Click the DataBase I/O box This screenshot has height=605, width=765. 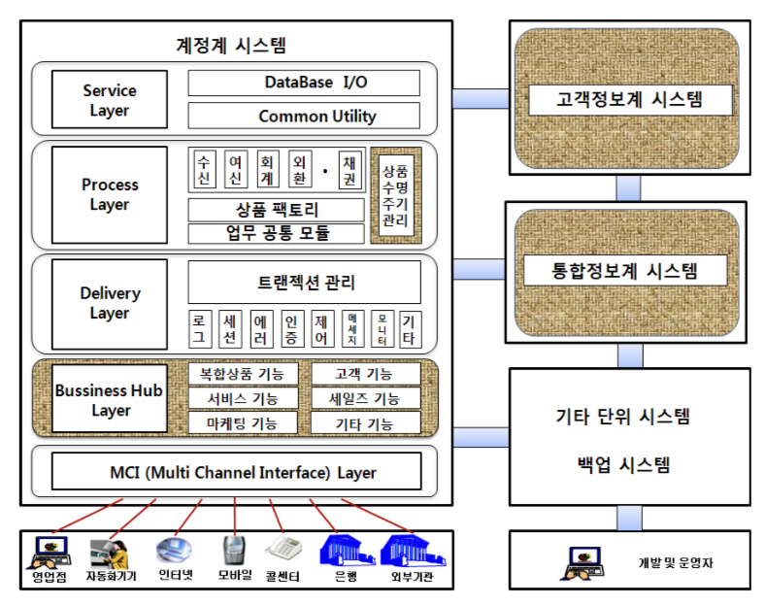303,83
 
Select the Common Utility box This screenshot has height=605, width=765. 303,117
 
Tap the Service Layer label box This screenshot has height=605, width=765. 109,100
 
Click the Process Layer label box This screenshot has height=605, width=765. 109,194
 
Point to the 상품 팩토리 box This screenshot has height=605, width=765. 276,210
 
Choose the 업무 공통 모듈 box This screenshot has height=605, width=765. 276,233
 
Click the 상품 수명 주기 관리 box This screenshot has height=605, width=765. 396,194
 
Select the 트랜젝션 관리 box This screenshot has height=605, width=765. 303,283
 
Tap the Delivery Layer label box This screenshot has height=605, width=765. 109,303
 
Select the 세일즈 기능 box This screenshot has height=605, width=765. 365,398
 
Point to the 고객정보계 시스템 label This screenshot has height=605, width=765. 629,99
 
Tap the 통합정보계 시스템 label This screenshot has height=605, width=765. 626,270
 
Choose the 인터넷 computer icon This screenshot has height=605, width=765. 175,550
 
